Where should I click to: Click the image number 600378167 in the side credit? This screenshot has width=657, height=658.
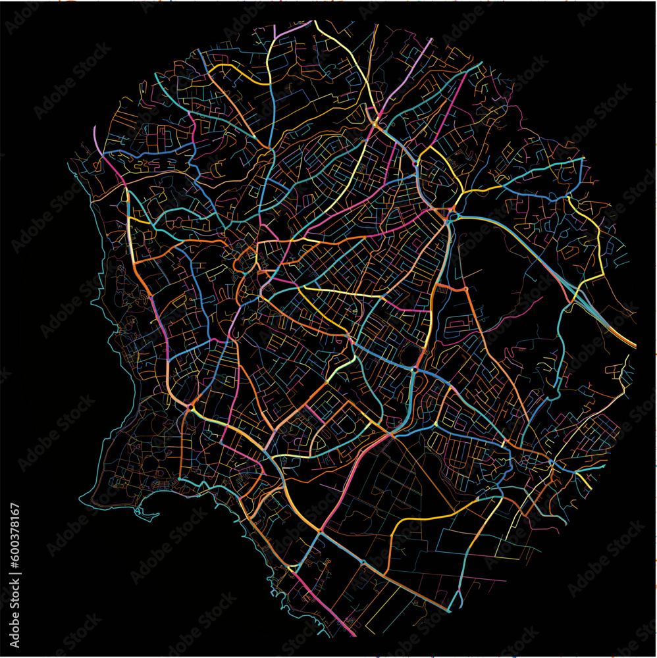tap(16, 545)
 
